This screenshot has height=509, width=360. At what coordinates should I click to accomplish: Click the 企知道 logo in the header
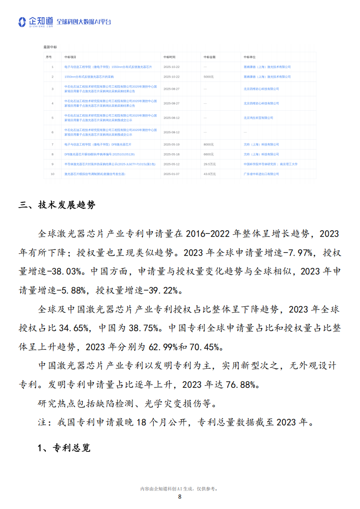36,22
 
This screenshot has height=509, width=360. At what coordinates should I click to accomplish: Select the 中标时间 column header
169,57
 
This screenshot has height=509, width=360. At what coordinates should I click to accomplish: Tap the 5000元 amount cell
209,77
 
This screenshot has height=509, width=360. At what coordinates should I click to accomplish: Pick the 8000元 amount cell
209,144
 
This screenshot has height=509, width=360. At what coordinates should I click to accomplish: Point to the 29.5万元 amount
209,164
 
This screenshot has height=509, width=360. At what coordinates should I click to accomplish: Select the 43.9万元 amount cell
209,174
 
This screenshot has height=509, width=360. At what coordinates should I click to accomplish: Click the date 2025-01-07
171,174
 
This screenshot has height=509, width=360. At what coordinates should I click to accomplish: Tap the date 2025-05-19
171,144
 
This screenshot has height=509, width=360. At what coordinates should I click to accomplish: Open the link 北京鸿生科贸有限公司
258,117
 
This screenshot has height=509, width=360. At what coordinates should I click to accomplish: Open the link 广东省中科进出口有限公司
261,174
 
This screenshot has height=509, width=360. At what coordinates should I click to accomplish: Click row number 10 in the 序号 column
52,174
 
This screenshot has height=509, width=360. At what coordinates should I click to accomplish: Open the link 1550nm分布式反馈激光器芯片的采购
89,77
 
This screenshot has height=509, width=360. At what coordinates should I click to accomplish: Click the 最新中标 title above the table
50,47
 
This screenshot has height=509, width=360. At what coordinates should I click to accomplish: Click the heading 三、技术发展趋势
57,205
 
